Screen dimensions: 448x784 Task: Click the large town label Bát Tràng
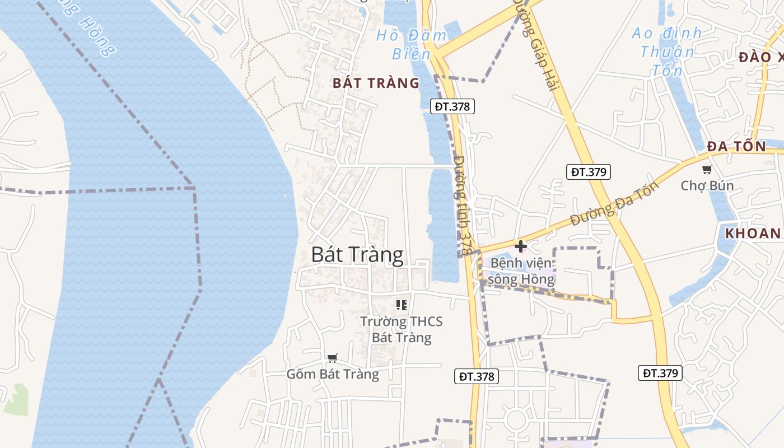357,255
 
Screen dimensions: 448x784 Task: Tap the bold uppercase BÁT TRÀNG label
376,83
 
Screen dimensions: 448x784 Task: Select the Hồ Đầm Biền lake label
412,44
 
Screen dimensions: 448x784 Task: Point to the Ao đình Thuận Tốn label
666,52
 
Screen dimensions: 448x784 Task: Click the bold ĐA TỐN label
736,146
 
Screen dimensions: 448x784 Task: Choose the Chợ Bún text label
707,185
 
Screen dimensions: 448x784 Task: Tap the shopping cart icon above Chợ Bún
707,169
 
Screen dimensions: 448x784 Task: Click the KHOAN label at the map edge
753,234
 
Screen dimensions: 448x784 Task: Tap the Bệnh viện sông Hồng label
521,271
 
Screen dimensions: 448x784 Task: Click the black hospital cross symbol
521,246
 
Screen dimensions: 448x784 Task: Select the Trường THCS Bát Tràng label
402,329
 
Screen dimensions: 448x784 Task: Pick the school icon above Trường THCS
401,305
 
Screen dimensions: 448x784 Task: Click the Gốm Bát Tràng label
333,374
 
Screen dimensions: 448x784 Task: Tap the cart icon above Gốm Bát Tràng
333,358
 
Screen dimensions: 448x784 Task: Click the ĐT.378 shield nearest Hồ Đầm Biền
452,106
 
